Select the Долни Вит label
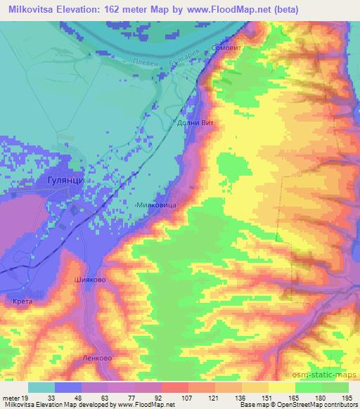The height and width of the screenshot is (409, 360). (x=195, y=122)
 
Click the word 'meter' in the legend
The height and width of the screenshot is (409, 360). (x=11, y=398)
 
